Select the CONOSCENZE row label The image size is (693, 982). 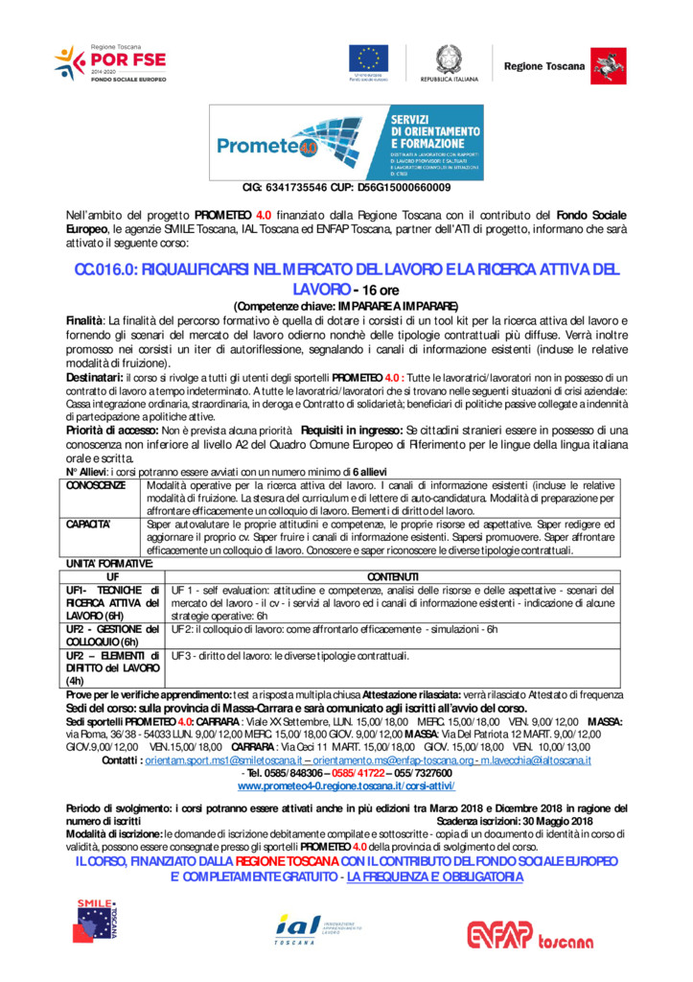pos(95,486)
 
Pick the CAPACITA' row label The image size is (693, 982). pos(89,525)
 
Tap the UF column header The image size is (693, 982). pos(113,575)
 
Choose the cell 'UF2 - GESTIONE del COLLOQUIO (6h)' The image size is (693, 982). pos(111,635)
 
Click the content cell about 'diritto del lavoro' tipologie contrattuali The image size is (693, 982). pos(290,656)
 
